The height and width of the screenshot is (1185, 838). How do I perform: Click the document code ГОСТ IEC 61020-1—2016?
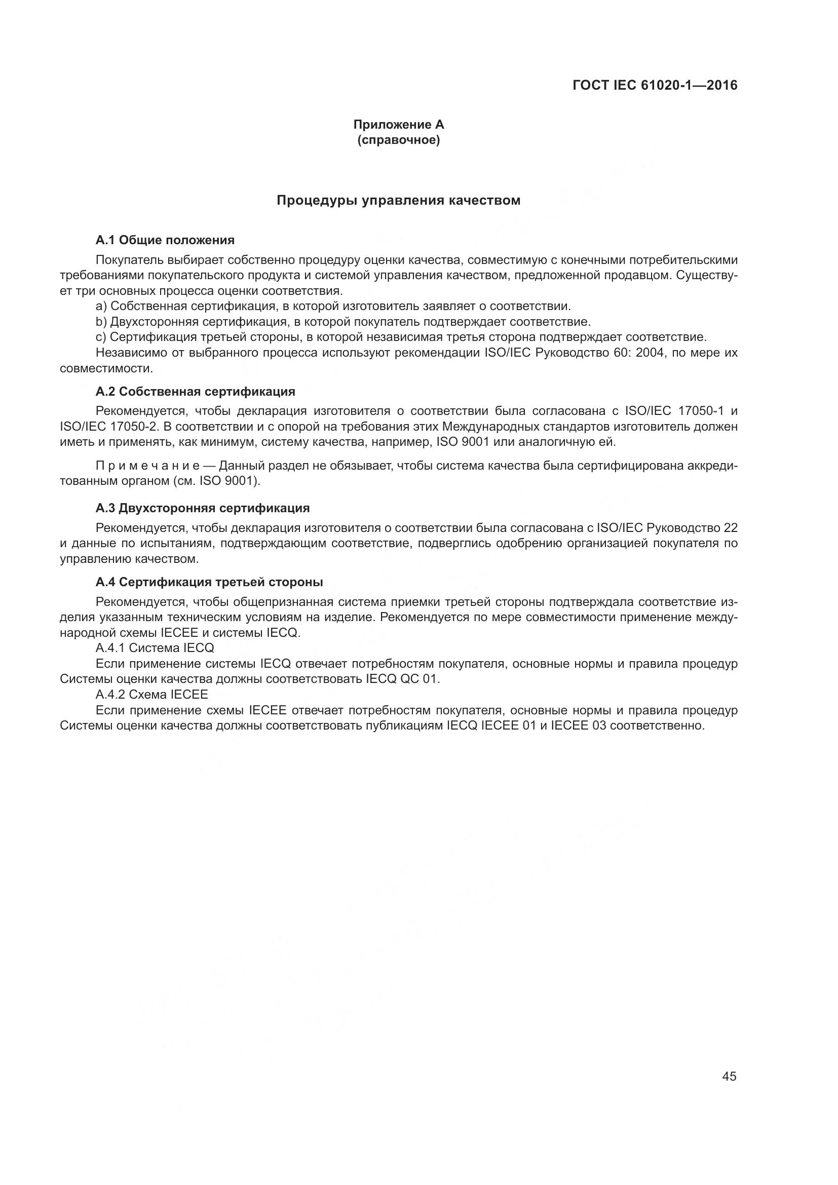[x=655, y=85]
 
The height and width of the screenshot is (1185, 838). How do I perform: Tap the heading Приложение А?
[x=398, y=125]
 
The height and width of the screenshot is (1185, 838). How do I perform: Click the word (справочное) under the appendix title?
[x=398, y=140]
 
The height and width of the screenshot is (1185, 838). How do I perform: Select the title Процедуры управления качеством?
[x=398, y=200]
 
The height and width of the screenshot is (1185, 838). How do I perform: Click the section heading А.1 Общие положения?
[x=165, y=240]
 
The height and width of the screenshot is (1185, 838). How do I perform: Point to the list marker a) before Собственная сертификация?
[x=101, y=307]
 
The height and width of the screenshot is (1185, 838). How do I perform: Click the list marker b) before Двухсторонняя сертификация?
[x=101, y=322]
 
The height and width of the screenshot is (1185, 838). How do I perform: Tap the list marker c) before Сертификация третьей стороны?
[x=101, y=337]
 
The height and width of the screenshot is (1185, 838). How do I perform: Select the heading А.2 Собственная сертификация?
[x=196, y=392]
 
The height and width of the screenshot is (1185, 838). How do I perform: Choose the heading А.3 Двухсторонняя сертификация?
[x=203, y=508]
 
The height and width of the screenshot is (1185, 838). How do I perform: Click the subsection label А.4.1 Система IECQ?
[x=155, y=648]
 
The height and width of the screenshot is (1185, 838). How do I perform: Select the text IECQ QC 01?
[x=402, y=679]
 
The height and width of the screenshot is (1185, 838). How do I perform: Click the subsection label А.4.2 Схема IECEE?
[x=151, y=695]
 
